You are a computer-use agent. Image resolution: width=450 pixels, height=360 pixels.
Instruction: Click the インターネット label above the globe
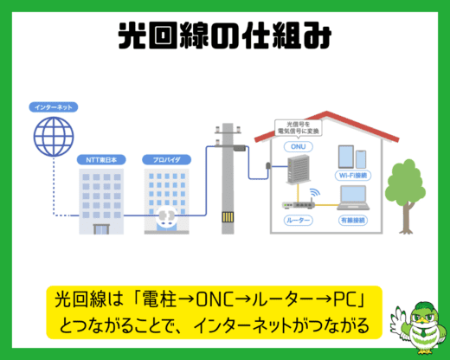click(x=54, y=107)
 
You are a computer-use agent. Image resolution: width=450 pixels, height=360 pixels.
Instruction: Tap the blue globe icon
click(x=54, y=137)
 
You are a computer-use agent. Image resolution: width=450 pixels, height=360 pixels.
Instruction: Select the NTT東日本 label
click(x=101, y=160)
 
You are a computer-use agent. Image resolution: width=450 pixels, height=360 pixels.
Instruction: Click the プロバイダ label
click(x=166, y=160)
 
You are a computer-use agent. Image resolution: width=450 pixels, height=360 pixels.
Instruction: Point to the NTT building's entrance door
click(x=101, y=229)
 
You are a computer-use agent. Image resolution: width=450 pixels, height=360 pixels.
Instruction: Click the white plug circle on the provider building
click(x=166, y=216)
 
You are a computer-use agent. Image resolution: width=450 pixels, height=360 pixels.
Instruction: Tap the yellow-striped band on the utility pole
click(x=228, y=217)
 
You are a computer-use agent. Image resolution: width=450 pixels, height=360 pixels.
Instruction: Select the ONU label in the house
click(x=299, y=146)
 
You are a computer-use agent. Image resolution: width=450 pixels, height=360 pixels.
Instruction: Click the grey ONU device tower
click(x=299, y=169)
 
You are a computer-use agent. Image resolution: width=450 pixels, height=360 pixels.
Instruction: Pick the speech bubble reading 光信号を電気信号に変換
click(x=299, y=128)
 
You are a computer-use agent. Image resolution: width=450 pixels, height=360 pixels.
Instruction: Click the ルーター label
click(x=299, y=221)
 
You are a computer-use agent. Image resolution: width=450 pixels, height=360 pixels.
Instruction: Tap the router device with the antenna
click(x=299, y=203)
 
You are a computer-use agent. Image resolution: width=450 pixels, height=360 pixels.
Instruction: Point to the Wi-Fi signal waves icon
click(x=315, y=192)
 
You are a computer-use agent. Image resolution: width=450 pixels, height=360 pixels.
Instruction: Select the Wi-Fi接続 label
click(x=353, y=176)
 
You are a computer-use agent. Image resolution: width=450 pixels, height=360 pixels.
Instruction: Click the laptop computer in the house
click(x=353, y=198)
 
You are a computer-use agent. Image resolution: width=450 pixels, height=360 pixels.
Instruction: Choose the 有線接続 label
click(x=353, y=221)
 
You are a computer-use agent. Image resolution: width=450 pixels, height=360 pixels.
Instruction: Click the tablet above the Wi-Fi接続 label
click(x=346, y=157)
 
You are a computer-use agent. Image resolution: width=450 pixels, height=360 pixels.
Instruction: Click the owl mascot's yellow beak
click(x=422, y=319)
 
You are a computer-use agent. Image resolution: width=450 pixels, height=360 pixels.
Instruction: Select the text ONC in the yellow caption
click(x=215, y=300)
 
